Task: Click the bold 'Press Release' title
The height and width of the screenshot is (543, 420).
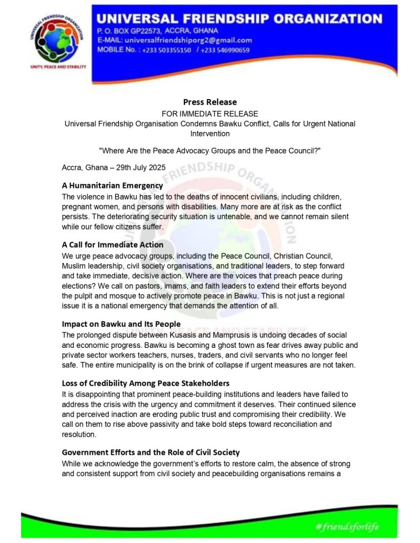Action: point(210,102)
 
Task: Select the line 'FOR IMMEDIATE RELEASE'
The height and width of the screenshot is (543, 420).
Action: point(210,113)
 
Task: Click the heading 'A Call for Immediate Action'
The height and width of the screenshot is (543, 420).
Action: point(113,244)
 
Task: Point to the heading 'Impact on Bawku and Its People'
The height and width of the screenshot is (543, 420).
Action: point(121,323)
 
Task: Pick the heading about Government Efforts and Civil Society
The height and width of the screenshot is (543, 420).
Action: point(151,452)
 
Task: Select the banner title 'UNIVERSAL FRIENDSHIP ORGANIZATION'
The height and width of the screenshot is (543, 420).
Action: point(239,19)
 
